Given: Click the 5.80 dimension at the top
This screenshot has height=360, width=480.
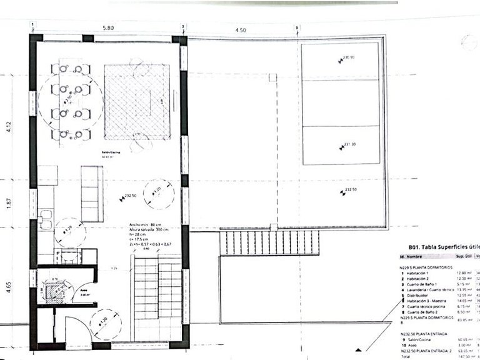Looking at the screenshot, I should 108,28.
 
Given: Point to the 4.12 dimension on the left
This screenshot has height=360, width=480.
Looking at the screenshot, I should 9,127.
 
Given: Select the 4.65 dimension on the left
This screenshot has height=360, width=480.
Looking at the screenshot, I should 9,287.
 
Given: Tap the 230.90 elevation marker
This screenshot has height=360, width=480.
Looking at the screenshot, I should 347,58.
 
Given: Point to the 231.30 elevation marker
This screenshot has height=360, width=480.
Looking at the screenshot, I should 348,146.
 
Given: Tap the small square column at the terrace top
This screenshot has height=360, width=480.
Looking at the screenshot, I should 272,77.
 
